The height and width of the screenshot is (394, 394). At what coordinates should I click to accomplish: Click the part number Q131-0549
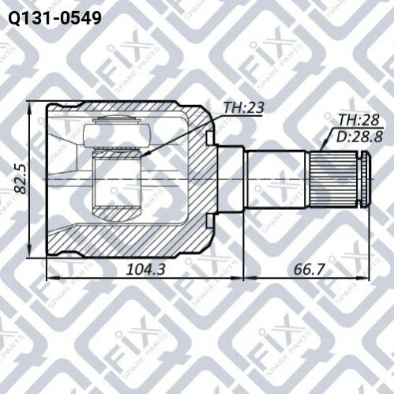pos(54,18)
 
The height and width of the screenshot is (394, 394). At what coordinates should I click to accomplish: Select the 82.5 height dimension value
pos(21,179)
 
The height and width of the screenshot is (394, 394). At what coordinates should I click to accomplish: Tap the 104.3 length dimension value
pos(146,269)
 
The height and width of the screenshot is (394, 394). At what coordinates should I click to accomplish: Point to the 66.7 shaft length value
pos(309,269)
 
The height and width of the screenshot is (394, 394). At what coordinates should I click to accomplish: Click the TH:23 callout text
pos(243,107)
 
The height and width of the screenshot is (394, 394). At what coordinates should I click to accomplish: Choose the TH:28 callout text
pos(358,120)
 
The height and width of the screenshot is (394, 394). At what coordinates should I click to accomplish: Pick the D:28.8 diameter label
pos(359,137)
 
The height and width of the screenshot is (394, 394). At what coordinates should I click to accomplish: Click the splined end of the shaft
pos(334,179)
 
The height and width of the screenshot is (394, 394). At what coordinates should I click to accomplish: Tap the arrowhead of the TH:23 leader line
pos(143,155)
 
